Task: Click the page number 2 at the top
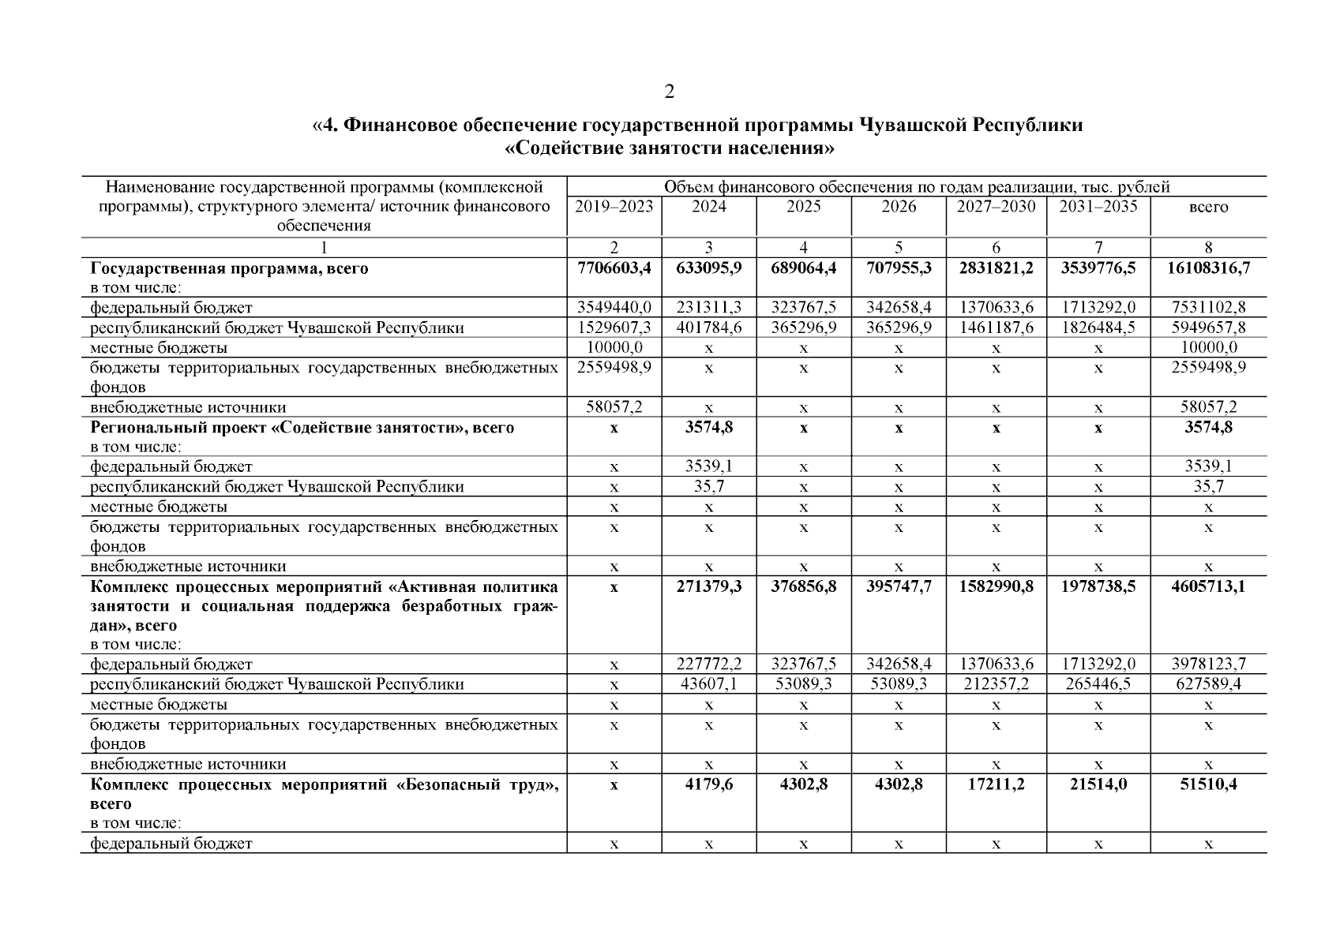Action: [669, 92]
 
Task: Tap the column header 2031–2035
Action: [1098, 207]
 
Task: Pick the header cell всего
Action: [1208, 208]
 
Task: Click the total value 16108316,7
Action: [1208, 268]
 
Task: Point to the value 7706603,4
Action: [614, 268]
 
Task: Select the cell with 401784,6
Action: [708, 328]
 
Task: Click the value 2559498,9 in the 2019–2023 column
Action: [614, 367]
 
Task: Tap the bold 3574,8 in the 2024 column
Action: [708, 428]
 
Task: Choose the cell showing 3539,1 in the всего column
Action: [1208, 466]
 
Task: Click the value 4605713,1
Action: [1208, 586]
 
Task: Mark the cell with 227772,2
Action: [708, 664]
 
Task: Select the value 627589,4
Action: [1208, 684]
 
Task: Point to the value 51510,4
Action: [1208, 784]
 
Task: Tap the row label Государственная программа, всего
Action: [229, 268]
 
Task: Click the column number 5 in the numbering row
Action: [898, 247]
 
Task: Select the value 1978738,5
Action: [1098, 586]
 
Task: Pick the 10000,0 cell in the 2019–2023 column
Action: [614, 347]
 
